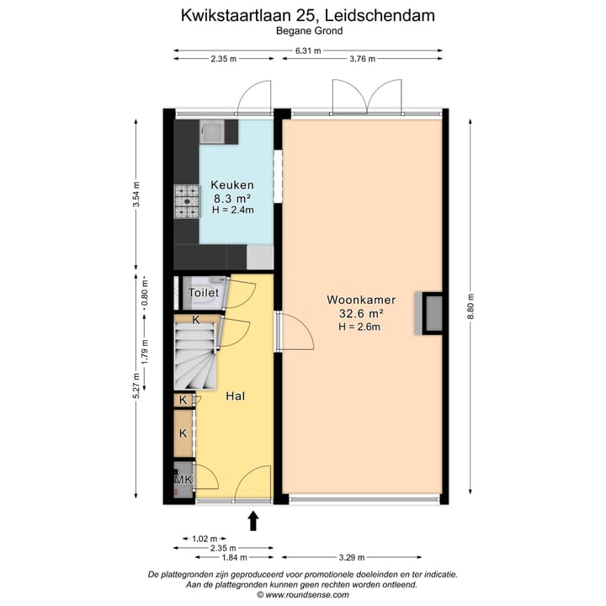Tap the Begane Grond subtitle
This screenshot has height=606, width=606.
coord(309,31)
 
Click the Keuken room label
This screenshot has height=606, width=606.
coord(232,186)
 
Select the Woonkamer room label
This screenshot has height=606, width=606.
coord(362,299)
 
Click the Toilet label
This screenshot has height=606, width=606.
coord(204,293)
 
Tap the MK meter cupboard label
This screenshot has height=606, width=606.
coord(183,480)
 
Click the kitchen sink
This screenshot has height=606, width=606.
coord(211,130)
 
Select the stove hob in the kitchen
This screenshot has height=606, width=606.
coord(184,201)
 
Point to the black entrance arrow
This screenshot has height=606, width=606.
coord(253,519)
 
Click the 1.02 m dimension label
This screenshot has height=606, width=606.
coord(203,539)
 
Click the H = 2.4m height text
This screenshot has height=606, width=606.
coord(232,210)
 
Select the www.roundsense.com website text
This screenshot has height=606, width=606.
coord(309,594)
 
